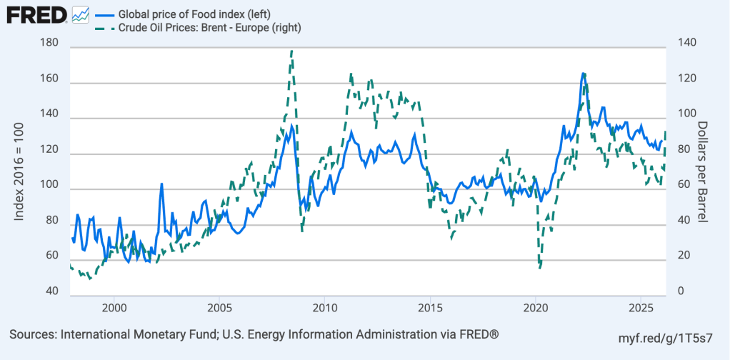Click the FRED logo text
[36, 14]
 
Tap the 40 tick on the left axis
[51, 291]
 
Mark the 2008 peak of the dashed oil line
[291, 51]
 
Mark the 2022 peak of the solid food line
[583, 73]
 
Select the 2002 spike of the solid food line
[161, 184]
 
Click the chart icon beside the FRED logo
[81, 14]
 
